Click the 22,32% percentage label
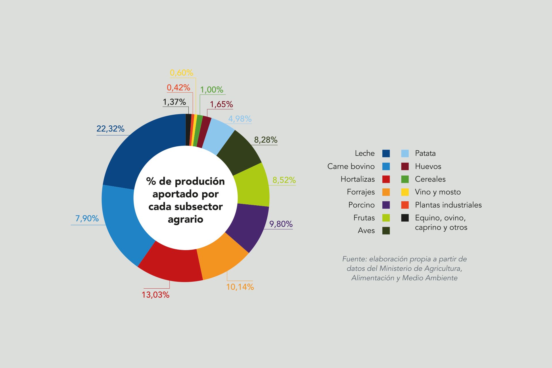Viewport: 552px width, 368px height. (x=110, y=129)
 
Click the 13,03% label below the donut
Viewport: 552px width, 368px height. (x=155, y=295)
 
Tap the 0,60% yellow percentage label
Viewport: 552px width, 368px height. (x=181, y=73)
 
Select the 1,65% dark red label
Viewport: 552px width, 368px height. (x=221, y=104)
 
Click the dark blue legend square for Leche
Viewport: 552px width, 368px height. (x=386, y=154)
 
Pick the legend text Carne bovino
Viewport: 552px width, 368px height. (x=351, y=166)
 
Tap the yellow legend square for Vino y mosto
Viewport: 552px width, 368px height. (x=405, y=192)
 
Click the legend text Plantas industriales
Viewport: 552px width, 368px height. (x=448, y=205)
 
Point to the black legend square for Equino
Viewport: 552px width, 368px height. (x=405, y=218)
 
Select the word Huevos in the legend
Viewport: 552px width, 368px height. (x=428, y=166)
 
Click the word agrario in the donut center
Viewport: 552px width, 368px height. (x=185, y=220)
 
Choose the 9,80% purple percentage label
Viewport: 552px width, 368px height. (x=281, y=224)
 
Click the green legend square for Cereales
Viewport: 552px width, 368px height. (x=405, y=179)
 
